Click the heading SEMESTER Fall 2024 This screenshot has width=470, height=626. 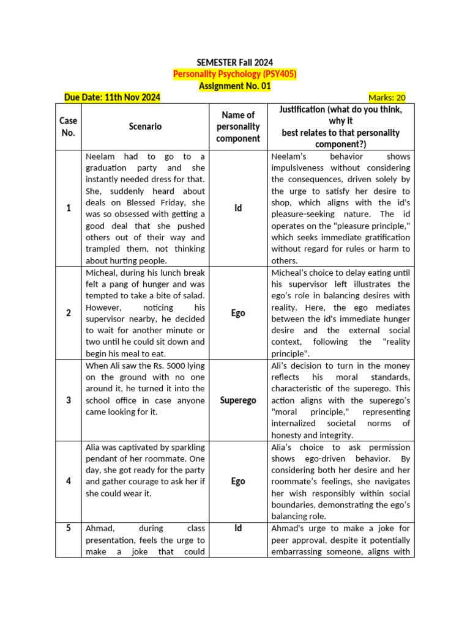click(x=235, y=62)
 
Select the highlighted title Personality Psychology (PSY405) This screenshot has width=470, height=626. click(x=235, y=74)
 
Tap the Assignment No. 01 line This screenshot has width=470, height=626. click(x=235, y=86)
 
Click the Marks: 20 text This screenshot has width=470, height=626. click(x=386, y=98)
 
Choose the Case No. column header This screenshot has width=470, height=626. click(x=68, y=127)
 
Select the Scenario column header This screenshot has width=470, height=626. click(x=145, y=127)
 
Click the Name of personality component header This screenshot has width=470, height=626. click(x=238, y=127)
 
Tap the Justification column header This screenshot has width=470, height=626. click(x=341, y=127)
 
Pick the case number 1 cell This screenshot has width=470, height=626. click(x=68, y=208)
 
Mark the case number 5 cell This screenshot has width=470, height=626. click(x=68, y=528)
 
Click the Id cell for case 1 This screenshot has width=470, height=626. click(x=238, y=208)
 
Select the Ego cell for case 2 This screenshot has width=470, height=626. click(x=238, y=313)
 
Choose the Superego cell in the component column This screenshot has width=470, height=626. click(x=238, y=400)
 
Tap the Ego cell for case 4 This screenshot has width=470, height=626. click(x=238, y=482)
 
